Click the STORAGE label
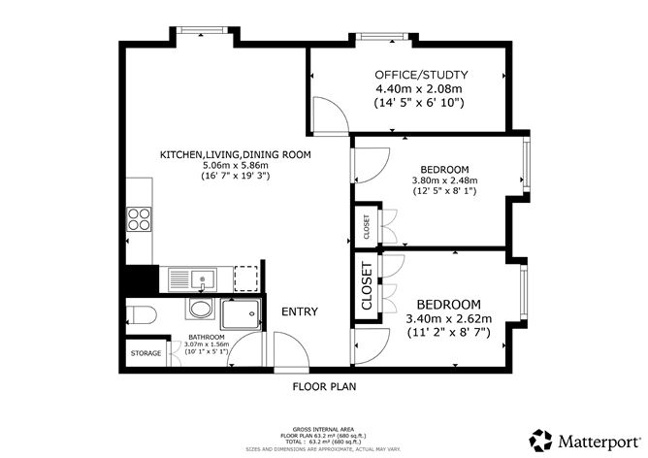tap(146, 353)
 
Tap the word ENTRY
tap(300, 311)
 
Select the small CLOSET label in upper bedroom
tap(367, 227)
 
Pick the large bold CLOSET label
tap(367, 287)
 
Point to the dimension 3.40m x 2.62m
tap(447, 318)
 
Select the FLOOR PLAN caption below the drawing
tap(324, 385)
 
